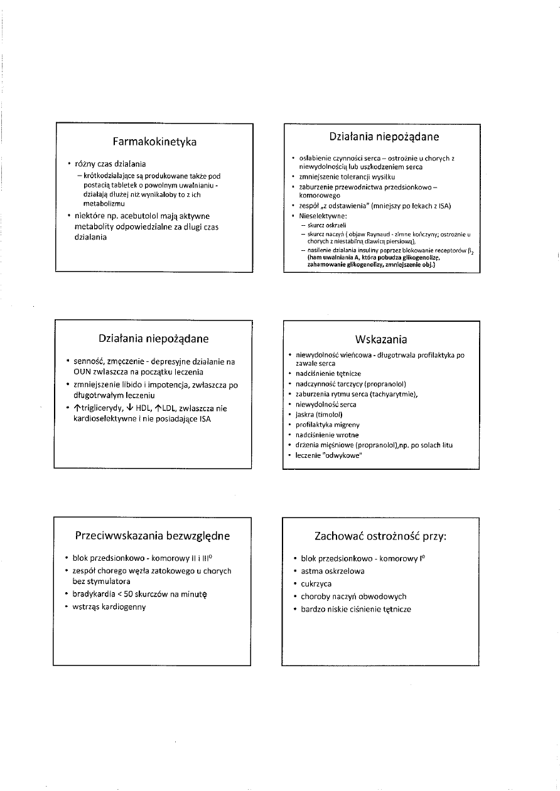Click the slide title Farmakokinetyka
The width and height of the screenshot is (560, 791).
(x=154, y=142)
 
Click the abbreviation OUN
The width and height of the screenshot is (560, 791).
(x=84, y=371)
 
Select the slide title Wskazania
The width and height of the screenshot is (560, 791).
(x=381, y=339)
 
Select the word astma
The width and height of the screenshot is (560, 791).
(x=313, y=571)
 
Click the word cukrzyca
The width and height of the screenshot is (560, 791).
(x=316, y=584)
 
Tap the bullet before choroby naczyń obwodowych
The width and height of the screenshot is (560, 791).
(x=294, y=597)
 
